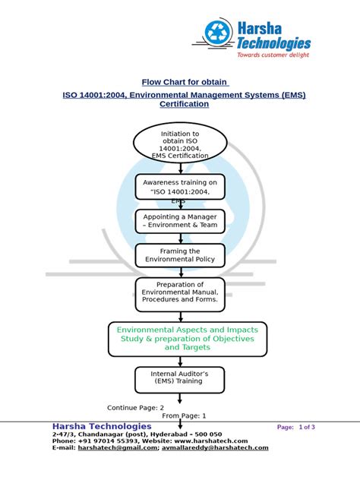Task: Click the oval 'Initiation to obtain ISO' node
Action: point(180,144)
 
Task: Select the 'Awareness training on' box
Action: point(180,188)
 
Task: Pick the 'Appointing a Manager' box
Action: point(180,221)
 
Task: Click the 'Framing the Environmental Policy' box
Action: point(180,255)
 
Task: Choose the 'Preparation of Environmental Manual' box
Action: point(180,293)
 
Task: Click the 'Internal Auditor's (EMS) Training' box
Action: point(180,378)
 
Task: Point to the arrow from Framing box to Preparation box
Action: point(180,272)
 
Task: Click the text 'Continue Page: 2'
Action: point(135,408)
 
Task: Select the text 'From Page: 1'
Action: point(184,416)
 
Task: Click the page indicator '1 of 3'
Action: point(306,428)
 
